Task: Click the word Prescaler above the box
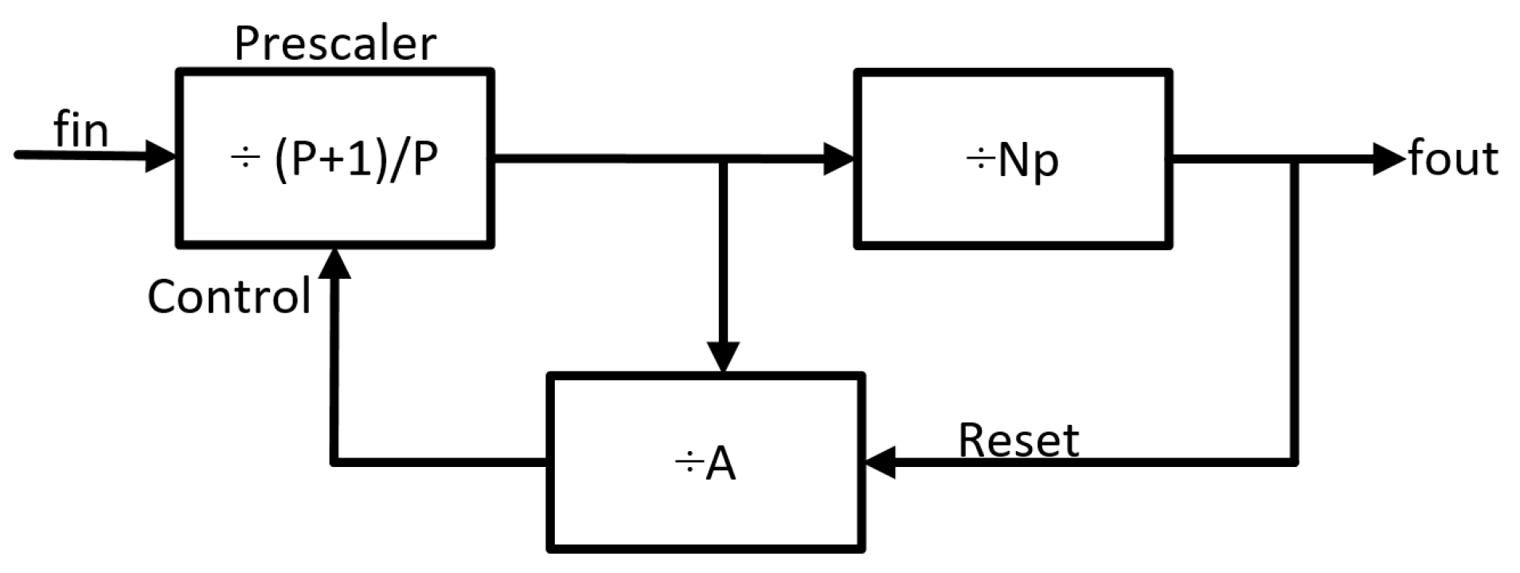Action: [335, 44]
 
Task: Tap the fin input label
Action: [80, 130]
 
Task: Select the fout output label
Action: [1453, 159]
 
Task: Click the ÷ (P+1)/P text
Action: [334, 159]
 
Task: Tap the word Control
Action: [229, 296]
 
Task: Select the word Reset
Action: [1018, 440]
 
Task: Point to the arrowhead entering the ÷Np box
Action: [838, 159]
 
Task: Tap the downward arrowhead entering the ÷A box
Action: [723, 357]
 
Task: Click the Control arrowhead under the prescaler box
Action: [334, 263]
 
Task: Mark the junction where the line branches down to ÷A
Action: [723, 159]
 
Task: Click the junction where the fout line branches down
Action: [1294, 159]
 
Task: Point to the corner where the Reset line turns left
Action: [1294, 461]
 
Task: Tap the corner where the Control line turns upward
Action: [334, 461]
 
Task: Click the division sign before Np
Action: [979, 160]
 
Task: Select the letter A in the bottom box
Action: [720, 464]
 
